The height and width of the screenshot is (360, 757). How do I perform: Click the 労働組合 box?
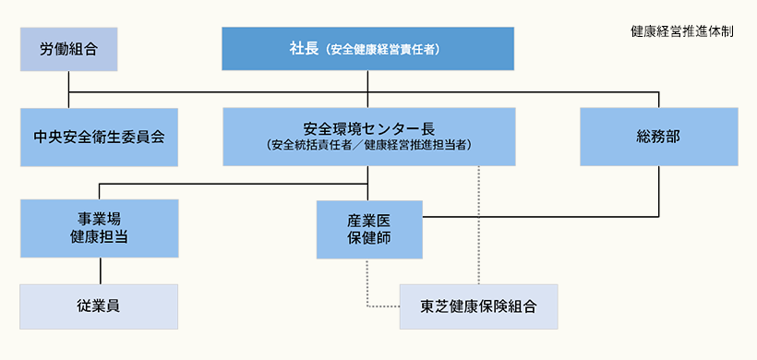tap(69, 49)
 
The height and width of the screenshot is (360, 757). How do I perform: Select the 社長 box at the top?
tap(367, 49)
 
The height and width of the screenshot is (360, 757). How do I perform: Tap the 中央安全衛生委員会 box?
tap(99, 137)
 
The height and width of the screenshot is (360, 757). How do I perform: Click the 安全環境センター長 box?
tap(368, 136)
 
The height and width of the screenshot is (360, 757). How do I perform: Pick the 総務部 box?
tap(658, 137)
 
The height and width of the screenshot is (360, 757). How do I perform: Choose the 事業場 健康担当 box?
tap(99, 228)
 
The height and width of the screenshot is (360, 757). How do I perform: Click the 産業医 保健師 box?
tap(369, 229)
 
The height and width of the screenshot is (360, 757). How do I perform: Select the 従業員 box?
tap(99, 306)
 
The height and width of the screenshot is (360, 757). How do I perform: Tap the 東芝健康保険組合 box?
tap(478, 306)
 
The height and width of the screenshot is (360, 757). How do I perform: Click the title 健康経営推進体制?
tap(682, 30)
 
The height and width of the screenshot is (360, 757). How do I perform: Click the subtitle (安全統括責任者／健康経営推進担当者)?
tap(368, 146)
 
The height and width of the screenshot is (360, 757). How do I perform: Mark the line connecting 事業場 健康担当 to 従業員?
tap(99, 270)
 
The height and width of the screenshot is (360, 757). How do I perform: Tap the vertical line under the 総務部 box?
tap(659, 191)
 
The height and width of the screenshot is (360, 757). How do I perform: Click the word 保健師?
tap(369, 238)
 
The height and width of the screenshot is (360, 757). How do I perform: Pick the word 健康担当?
tap(99, 237)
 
